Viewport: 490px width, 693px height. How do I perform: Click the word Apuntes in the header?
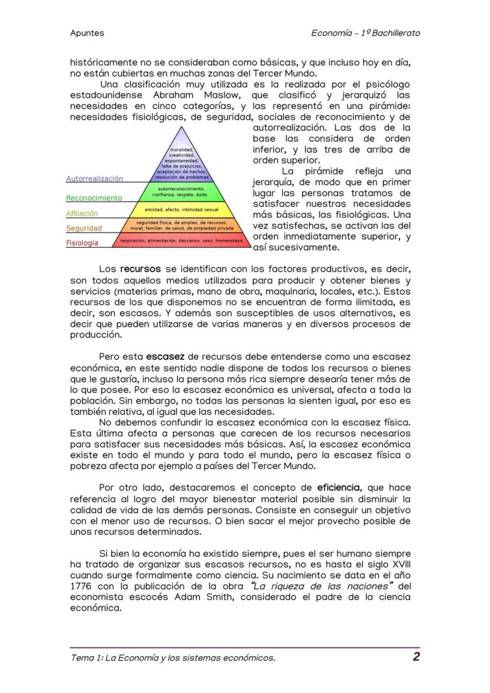(x=86, y=33)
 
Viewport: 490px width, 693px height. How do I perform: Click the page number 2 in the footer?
(x=417, y=656)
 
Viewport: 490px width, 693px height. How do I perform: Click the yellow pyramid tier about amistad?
(x=182, y=209)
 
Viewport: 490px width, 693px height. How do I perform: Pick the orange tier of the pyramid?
(x=182, y=225)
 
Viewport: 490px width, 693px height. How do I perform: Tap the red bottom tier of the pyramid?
(x=182, y=241)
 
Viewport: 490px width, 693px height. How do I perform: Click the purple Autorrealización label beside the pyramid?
(x=95, y=178)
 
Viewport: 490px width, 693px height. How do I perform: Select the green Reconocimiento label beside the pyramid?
(x=94, y=198)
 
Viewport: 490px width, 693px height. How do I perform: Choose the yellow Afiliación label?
(x=82, y=213)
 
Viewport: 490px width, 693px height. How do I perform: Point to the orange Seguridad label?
(x=84, y=228)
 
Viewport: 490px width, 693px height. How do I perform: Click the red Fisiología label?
(x=82, y=243)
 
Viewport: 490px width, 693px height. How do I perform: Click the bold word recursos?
(x=140, y=269)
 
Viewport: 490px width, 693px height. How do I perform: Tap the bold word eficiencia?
(x=338, y=488)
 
